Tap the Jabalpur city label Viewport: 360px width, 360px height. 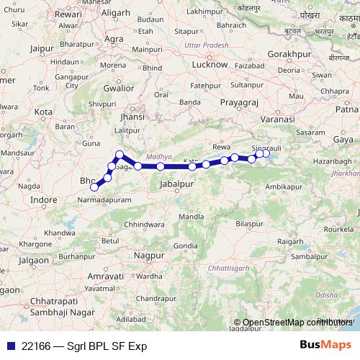click(177, 185)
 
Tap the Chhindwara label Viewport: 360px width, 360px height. click(145, 225)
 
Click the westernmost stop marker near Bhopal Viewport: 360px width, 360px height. click(94, 187)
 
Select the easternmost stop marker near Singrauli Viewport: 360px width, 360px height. click(266, 153)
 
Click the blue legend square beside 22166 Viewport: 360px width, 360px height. click(10, 346)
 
